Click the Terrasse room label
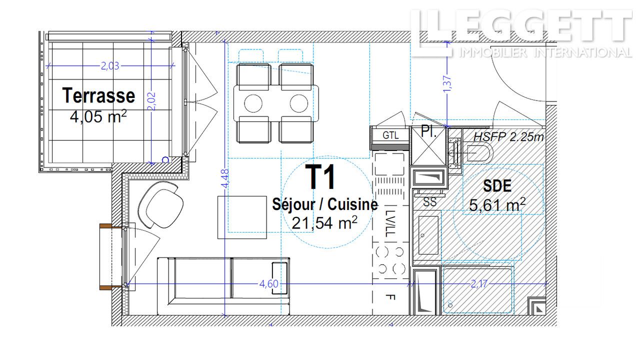98,95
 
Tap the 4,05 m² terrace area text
98,116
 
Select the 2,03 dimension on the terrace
110,66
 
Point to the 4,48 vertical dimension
225,178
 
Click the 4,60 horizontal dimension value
268,283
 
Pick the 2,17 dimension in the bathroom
479,283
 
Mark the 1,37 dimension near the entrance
447,84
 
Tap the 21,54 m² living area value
324,223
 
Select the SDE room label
497,186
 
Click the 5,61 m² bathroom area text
497,204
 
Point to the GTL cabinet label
390,135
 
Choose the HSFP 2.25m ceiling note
508,137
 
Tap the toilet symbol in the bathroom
474,153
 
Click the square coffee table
242,217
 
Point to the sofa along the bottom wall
223,286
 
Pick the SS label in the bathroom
429,202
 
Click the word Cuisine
352,204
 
